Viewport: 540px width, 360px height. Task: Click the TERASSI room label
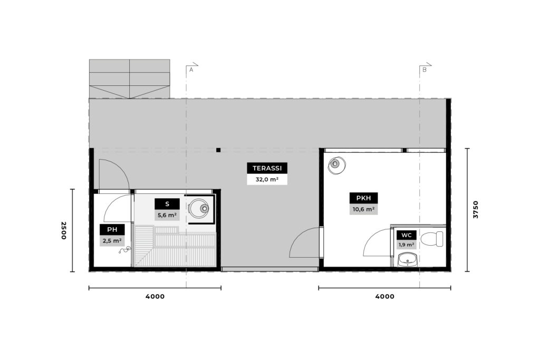pos(267,168)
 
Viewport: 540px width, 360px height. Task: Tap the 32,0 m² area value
pos(267,179)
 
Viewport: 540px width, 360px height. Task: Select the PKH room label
pos(364,198)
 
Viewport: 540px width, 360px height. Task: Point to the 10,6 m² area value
pos(364,209)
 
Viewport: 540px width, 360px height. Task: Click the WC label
pos(407,236)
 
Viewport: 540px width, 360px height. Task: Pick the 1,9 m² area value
pos(407,245)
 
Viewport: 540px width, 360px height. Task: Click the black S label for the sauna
pos(167,204)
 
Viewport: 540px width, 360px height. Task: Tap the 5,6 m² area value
pos(167,216)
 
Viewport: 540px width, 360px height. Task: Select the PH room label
pos(112,230)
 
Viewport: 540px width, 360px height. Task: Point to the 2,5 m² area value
pos(112,240)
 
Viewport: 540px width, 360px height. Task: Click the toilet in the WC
pos(432,239)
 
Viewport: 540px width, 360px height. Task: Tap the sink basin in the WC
pos(408,260)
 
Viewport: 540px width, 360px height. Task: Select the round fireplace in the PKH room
pos(336,165)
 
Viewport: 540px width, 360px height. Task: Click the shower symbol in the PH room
pos(124,250)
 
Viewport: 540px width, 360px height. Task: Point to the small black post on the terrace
pos(218,150)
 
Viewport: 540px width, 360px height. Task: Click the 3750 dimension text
pos(476,210)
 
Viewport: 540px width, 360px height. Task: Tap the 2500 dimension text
pos(64,230)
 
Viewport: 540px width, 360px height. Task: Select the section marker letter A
pos(191,70)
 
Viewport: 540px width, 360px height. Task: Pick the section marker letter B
pos(425,70)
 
